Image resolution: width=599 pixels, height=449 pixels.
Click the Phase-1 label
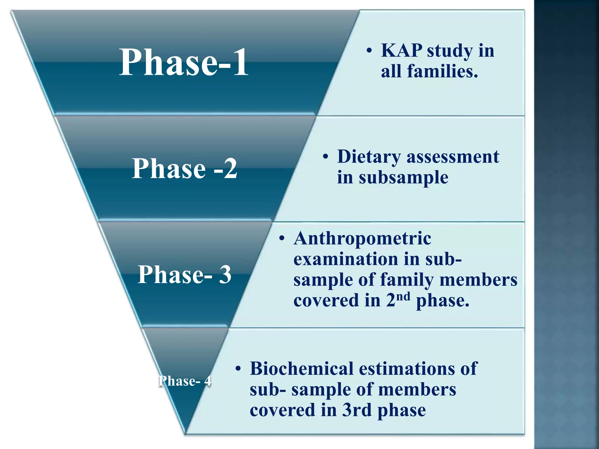point(184,62)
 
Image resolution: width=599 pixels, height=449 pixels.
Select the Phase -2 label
point(184,168)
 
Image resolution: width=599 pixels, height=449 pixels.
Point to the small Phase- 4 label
point(185,381)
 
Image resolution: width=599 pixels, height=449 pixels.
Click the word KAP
point(402,50)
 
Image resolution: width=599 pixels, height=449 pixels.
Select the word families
point(443,71)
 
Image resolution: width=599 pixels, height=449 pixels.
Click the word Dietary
point(369,157)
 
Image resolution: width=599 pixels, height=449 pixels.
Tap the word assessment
point(453,157)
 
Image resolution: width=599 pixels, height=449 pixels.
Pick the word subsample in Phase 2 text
point(404,177)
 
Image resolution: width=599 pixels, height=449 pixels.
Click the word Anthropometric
point(362,239)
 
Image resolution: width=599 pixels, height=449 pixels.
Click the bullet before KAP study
point(369,51)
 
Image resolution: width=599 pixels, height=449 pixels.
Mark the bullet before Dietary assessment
point(326,157)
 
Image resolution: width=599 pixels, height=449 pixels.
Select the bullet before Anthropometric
point(282,239)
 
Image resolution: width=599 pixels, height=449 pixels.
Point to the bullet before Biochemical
point(238,369)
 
